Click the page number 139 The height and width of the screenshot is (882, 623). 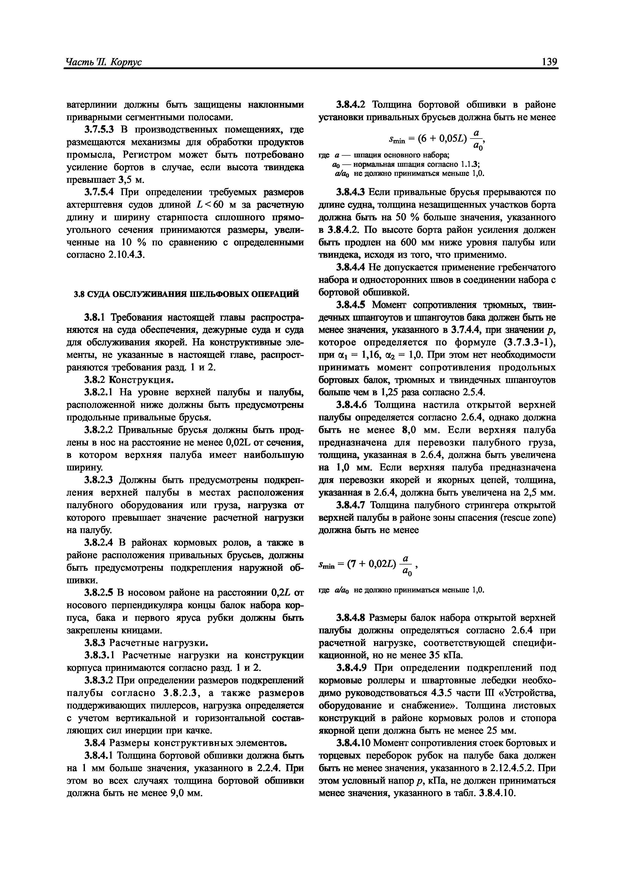[x=549, y=62]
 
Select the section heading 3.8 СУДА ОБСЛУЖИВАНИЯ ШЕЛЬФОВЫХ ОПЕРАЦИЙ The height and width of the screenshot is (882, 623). [x=186, y=294]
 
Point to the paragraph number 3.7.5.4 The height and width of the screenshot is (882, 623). [x=99, y=192]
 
